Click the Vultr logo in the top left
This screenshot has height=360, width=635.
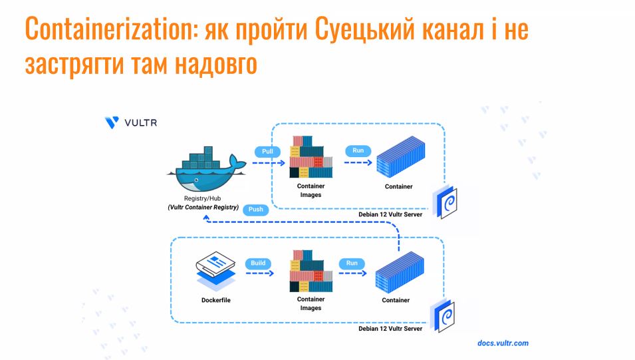pyautogui.click(x=131, y=122)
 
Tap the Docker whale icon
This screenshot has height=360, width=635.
pyautogui.click(x=207, y=169)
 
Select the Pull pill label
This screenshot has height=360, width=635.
pyautogui.click(x=267, y=151)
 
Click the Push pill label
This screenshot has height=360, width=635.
pyautogui.click(x=255, y=209)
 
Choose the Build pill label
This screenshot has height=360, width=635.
pyautogui.click(x=258, y=263)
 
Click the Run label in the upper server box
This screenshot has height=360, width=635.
pyautogui.click(x=358, y=150)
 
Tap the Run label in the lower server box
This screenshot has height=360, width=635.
pyautogui.click(x=352, y=263)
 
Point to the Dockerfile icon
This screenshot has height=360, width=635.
pyautogui.click(x=216, y=270)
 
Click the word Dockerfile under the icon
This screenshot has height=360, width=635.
pyautogui.click(x=216, y=300)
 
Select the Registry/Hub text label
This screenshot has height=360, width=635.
pyautogui.click(x=203, y=198)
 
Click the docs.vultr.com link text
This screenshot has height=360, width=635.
pyautogui.click(x=503, y=343)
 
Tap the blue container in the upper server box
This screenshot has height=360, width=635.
pyautogui.click(x=400, y=157)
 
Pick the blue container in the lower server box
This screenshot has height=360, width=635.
pyautogui.click(x=400, y=272)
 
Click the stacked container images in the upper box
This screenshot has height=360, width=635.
pyautogui.click(x=311, y=157)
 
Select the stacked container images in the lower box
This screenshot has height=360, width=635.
pyautogui.click(x=311, y=271)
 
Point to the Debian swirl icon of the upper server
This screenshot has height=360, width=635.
pyautogui.click(x=446, y=202)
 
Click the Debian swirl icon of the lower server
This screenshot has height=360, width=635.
pyautogui.click(x=443, y=316)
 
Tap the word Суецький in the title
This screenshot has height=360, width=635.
pyautogui.click(x=365, y=29)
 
